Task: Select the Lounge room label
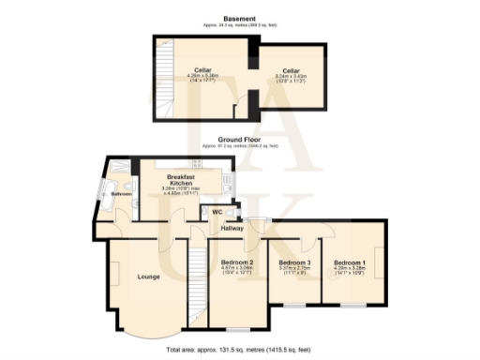click(x=148, y=277)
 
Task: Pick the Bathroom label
click(x=121, y=193)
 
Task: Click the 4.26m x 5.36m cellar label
click(x=202, y=75)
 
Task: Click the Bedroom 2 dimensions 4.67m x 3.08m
click(x=237, y=270)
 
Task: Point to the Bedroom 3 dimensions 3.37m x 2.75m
click(x=294, y=270)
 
